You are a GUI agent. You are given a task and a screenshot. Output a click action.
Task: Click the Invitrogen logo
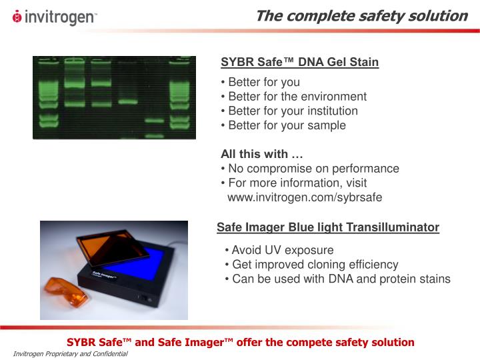[x=55, y=17]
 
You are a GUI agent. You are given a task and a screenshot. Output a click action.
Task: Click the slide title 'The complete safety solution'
[x=361, y=15]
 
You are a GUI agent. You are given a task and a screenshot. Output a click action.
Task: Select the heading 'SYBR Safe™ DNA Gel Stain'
[x=299, y=63]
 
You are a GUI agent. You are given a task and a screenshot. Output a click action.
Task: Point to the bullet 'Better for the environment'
[x=293, y=97]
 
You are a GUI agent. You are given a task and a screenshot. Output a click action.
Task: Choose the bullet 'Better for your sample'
[x=283, y=125]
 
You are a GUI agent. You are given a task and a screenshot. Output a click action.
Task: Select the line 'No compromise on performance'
[x=310, y=169]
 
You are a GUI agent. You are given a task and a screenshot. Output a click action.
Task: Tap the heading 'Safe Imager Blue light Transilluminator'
[x=327, y=228]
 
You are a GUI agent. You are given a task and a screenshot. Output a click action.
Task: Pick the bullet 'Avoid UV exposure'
[x=279, y=251]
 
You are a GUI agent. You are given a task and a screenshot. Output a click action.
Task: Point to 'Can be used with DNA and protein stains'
[x=338, y=279]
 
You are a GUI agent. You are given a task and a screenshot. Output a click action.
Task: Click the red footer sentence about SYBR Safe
[x=240, y=342]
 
